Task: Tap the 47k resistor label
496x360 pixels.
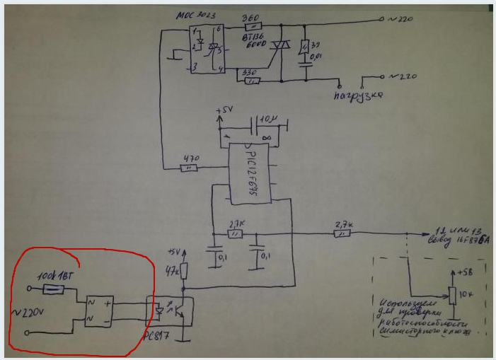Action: point(173,270)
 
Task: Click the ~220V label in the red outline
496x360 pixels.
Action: point(30,311)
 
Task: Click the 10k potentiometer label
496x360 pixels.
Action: point(466,293)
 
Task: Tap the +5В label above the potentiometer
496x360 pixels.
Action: point(464,271)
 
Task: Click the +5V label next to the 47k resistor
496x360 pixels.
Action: point(174,252)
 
